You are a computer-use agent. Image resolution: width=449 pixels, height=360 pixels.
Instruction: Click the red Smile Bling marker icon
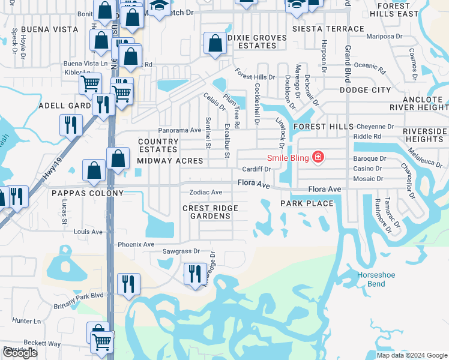click(x=318, y=158)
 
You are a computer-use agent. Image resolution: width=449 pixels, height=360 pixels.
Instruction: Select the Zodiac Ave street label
click(x=206, y=193)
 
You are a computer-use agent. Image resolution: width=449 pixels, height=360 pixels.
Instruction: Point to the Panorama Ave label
click(x=179, y=130)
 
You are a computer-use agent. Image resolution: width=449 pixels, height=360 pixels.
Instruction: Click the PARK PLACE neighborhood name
click(x=307, y=203)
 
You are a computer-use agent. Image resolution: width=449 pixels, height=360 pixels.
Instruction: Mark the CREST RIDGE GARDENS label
click(x=210, y=212)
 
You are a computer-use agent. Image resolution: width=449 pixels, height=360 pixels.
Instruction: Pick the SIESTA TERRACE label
click(x=328, y=29)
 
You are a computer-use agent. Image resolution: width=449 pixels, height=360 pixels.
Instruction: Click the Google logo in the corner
click(x=20, y=353)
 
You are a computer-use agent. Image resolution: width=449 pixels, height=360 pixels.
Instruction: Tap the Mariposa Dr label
click(x=385, y=36)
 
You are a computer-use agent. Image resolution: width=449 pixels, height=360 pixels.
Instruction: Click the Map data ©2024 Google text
click(x=411, y=355)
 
